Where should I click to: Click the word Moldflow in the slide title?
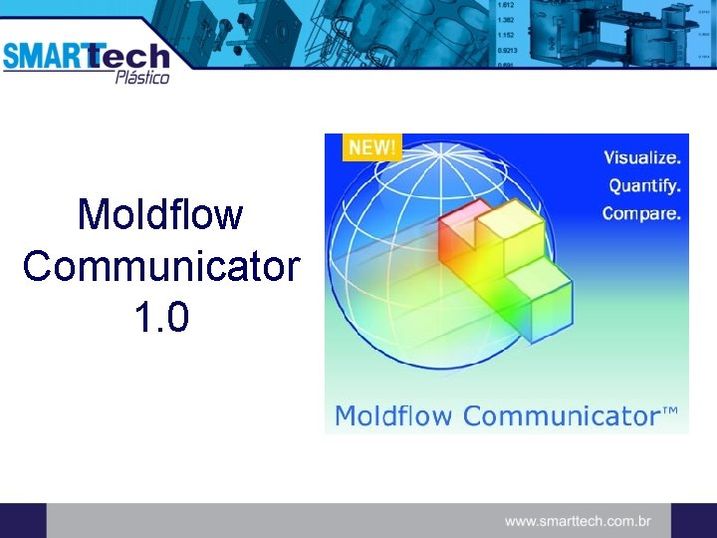[x=160, y=215]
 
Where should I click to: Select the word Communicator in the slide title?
[x=160, y=267]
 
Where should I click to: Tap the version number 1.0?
[x=159, y=318]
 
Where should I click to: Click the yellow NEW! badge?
[x=370, y=147]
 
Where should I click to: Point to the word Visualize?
[x=642, y=157]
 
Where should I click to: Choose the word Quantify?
[x=644, y=185]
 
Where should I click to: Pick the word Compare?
[x=642, y=213]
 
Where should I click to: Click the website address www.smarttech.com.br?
[x=578, y=520]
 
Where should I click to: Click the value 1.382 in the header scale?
[x=506, y=19]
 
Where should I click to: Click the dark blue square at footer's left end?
[x=23, y=520]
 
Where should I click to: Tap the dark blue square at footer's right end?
[x=693, y=520]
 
